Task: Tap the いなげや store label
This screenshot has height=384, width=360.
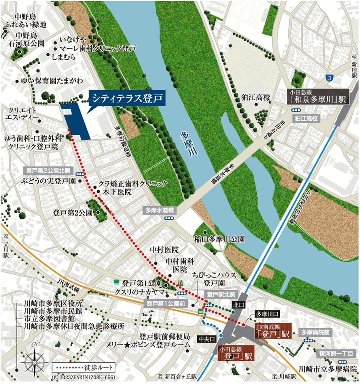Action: tap(76, 39)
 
